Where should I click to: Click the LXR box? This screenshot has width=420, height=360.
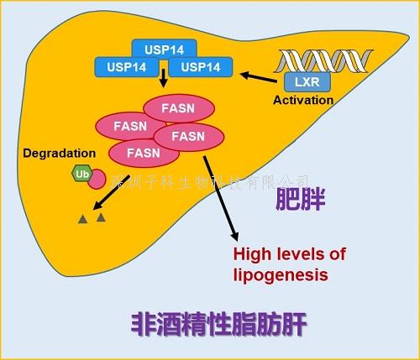pyautogui.click(x=302, y=82)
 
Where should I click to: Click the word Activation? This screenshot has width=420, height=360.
pyautogui.click(x=303, y=100)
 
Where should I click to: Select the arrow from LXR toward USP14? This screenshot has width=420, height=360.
pyautogui.click(x=261, y=78)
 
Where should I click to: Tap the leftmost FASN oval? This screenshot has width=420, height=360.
pyautogui.click(x=131, y=127)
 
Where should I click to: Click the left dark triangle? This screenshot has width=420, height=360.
pyautogui.click(x=83, y=219)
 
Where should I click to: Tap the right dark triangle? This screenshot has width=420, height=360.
pyautogui.click(x=102, y=217)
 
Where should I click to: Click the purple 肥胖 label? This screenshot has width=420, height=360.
pyautogui.click(x=301, y=201)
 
